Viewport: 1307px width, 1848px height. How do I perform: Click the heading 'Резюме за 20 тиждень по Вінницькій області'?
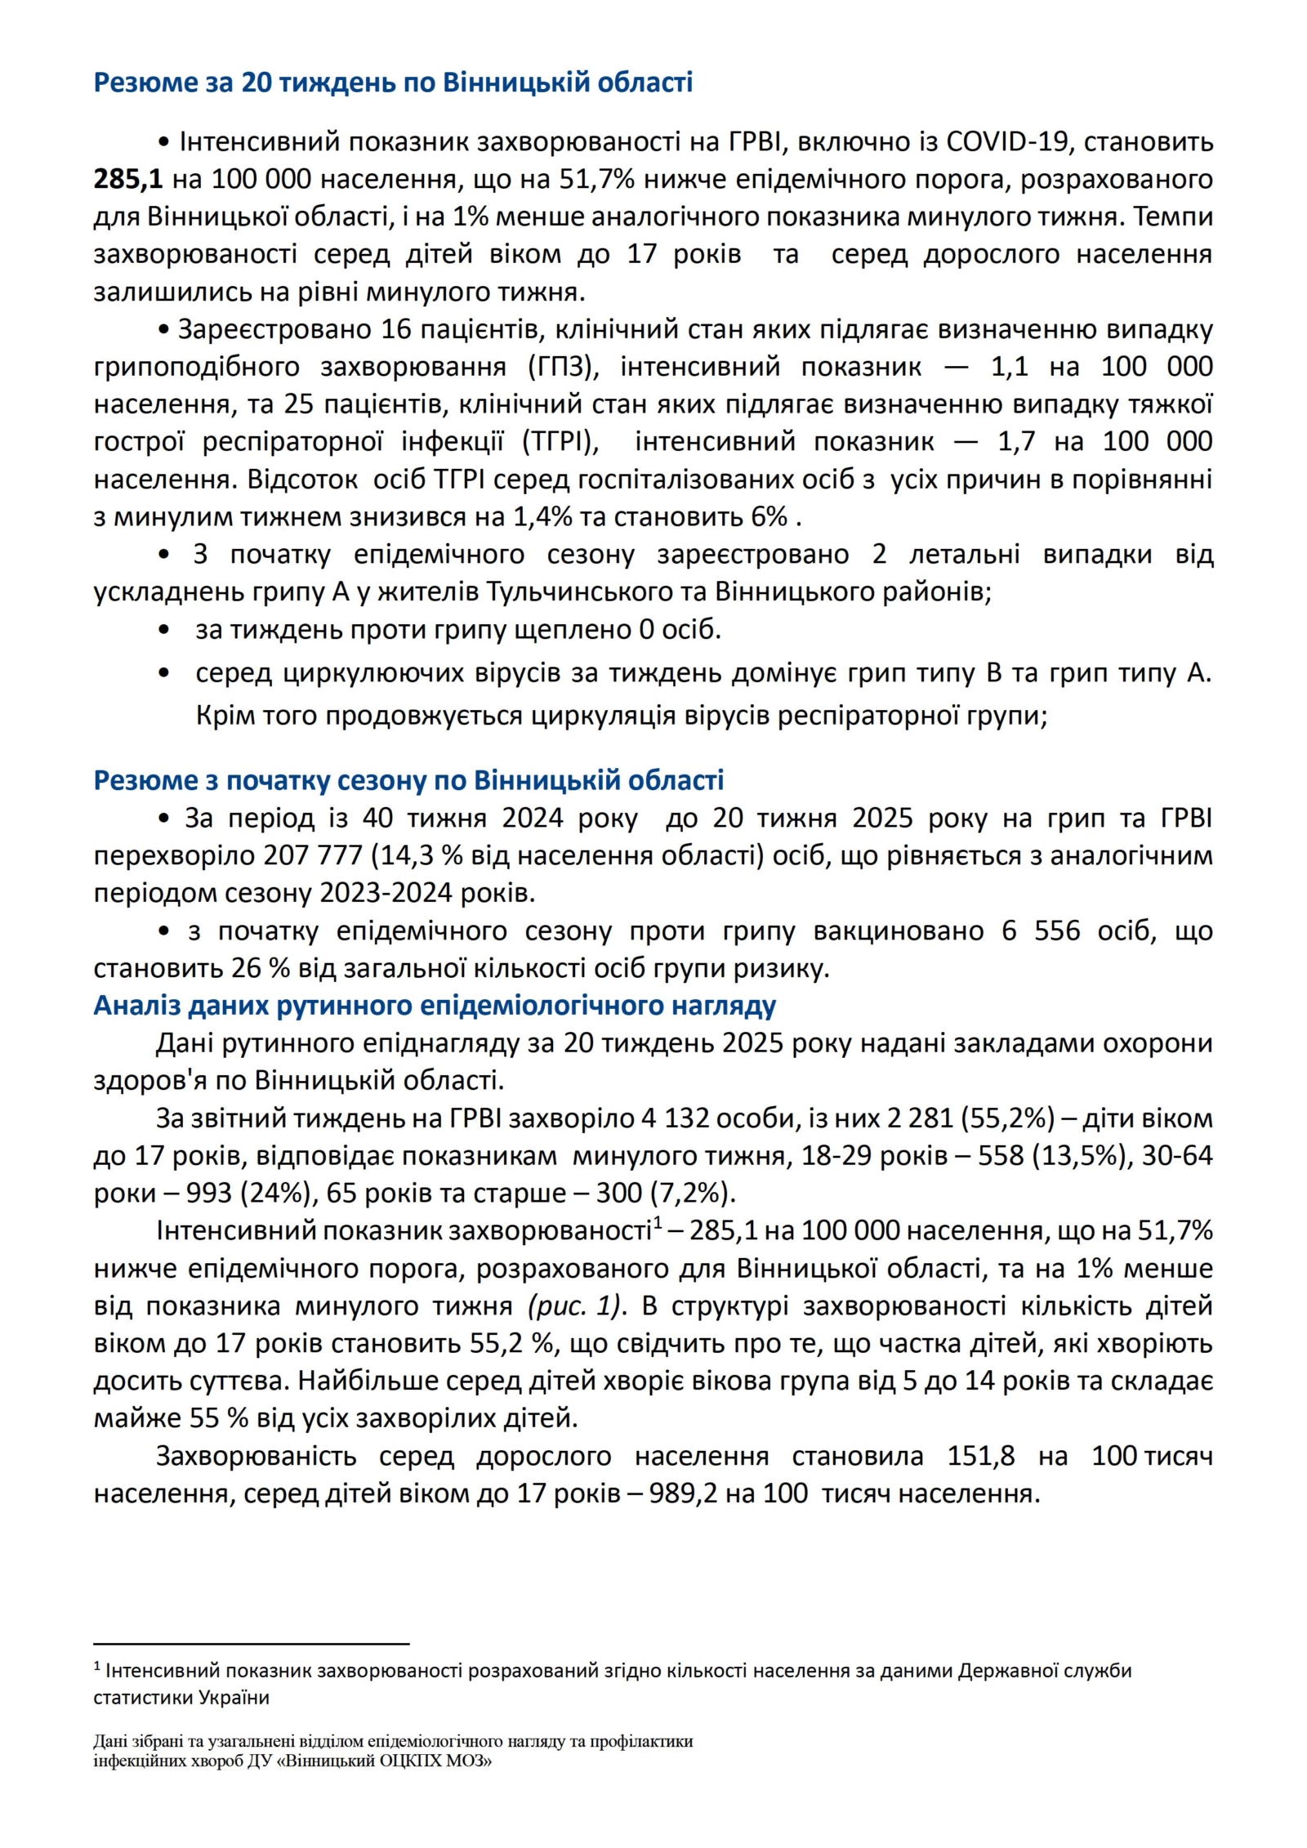[x=393, y=83]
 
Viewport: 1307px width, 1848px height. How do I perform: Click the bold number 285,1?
[x=128, y=179]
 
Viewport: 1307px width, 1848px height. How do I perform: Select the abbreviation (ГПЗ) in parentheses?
[x=564, y=366]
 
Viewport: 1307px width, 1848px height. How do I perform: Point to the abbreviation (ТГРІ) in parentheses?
[x=560, y=441]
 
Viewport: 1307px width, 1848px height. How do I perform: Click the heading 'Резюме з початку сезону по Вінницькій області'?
[x=408, y=780]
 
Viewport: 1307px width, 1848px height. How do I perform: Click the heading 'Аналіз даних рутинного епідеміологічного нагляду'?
[x=435, y=1005]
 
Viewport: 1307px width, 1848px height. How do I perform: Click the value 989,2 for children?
[x=684, y=1493]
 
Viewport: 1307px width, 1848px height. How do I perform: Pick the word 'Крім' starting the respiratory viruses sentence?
[x=222, y=716]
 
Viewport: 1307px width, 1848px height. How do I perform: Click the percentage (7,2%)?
[x=693, y=1194]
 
